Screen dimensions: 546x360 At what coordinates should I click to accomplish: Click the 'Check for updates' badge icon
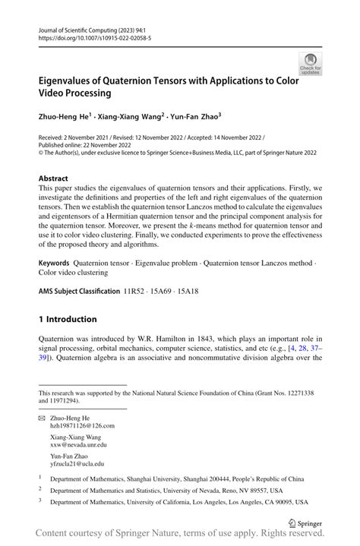(x=310, y=64)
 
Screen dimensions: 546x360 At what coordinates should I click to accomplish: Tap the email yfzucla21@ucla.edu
(x=77, y=463)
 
